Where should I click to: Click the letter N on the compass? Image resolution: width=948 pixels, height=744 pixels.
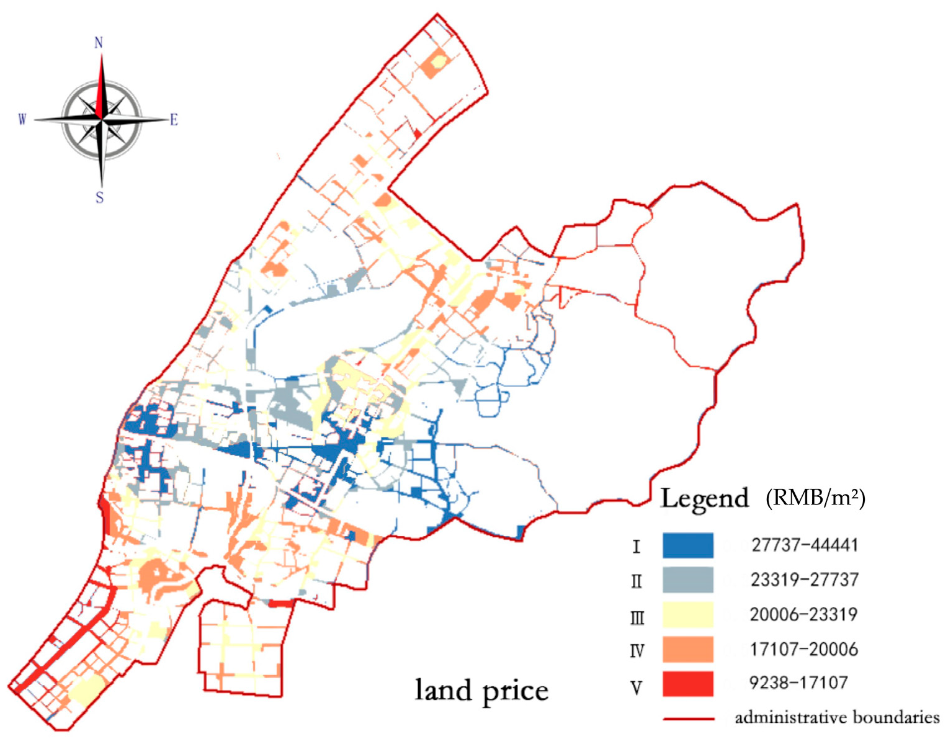click(x=99, y=42)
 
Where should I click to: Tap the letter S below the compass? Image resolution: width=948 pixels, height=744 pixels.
click(x=99, y=197)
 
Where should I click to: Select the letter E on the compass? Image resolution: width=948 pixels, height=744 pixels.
click(x=174, y=120)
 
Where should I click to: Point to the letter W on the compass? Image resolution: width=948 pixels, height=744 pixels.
click(x=22, y=119)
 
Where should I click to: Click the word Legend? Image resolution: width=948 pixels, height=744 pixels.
click(x=704, y=499)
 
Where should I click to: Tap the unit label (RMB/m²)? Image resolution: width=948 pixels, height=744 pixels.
click(x=815, y=498)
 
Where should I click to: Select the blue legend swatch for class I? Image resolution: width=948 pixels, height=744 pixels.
click(x=687, y=545)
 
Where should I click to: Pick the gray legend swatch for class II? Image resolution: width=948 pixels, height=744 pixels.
click(x=687, y=580)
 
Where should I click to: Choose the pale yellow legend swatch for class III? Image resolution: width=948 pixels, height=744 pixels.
click(x=687, y=615)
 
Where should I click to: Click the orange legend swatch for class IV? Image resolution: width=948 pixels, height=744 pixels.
click(x=687, y=650)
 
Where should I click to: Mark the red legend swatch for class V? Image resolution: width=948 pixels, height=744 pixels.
click(x=687, y=684)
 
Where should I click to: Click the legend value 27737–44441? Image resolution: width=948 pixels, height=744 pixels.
click(x=805, y=545)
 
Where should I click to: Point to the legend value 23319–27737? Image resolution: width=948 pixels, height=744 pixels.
click(x=805, y=580)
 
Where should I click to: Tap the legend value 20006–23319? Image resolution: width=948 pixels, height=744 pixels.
click(x=803, y=614)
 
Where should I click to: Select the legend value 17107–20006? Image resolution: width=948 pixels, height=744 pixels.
click(x=803, y=649)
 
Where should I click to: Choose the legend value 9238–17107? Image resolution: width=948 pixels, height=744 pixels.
click(x=798, y=683)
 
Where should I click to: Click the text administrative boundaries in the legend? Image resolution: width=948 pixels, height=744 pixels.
click(x=837, y=717)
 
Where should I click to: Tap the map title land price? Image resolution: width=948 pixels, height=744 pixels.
click(x=481, y=691)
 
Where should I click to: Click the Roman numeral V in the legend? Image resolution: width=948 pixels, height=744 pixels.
click(x=636, y=688)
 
